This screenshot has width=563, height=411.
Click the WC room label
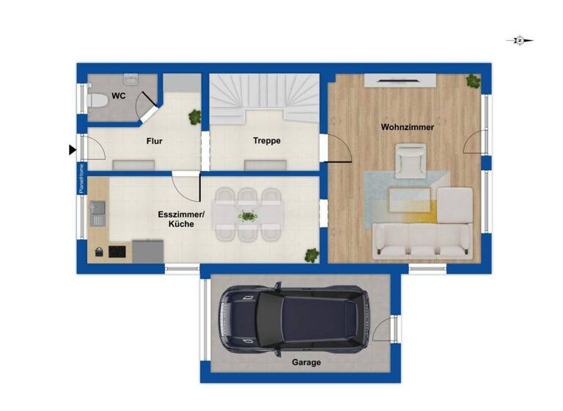pyautogui.click(x=117, y=96)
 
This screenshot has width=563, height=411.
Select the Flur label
pyautogui.click(x=154, y=141)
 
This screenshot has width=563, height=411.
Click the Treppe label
pyautogui.click(x=267, y=141)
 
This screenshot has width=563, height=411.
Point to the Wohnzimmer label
pyautogui.click(x=407, y=127)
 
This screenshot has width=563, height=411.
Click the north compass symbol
pyautogui.click(x=519, y=41)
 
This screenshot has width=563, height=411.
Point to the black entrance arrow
pyautogui.click(x=72, y=150)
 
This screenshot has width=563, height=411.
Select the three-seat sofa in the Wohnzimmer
pyautogui.click(x=422, y=240)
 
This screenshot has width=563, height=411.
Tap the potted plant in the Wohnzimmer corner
pyautogui.click(x=473, y=81)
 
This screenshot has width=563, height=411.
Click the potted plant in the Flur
pyautogui.click(x=194, y=116)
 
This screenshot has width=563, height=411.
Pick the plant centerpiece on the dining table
pyautogui.click(x=248, y=216)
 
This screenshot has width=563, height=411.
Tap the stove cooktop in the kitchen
pyautogui.click(x=117, y=252)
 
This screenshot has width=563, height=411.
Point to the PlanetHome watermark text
pyautogui.click(x=82, y=178)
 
